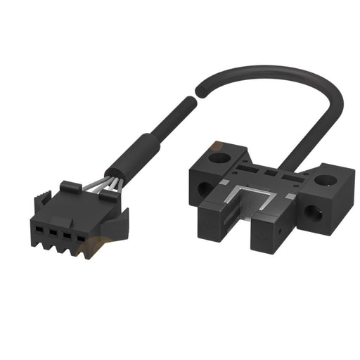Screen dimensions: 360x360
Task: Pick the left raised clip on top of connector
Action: click(68, 188)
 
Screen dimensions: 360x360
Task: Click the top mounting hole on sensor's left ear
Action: click(222, 148)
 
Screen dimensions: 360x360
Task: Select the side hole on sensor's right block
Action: click(310, 207)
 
